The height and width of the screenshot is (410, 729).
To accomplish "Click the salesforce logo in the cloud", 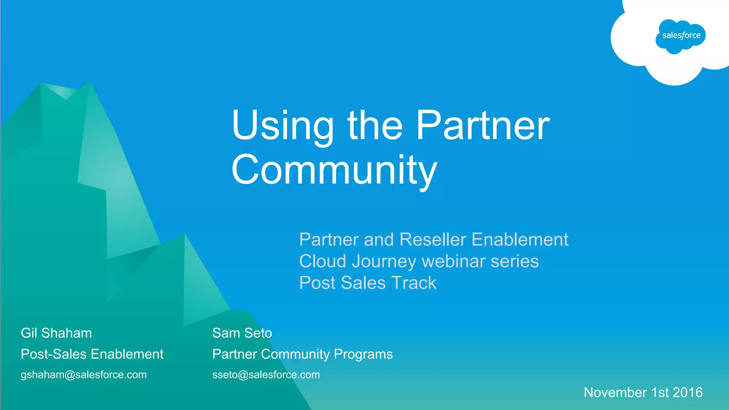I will click(x=681, y=36).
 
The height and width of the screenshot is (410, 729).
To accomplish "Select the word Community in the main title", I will click(x=334, y=170).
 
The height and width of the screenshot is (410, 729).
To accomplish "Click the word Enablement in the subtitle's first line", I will click(x=520, y=239).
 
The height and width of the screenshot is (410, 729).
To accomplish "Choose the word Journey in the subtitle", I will click(x=384, y=261).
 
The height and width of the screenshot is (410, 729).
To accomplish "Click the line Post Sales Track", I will click(x=368, y=283).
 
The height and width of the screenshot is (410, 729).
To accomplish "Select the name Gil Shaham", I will click(x=56, y=333).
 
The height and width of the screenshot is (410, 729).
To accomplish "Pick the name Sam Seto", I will click(x=242, y=333).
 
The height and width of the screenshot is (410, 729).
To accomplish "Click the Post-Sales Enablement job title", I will click(x=92, y=354).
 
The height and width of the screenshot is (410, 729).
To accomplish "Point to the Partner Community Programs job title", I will click(x=302, y=354).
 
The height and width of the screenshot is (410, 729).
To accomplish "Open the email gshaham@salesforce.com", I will click(x=84, y=374).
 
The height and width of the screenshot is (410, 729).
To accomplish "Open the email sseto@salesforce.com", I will click(x=266, y=374).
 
